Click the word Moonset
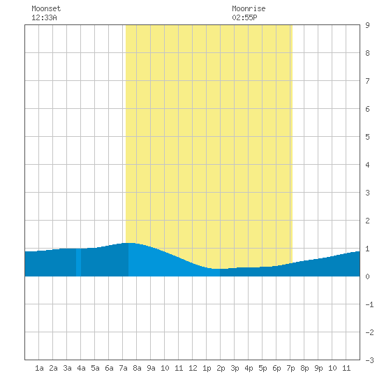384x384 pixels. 46,8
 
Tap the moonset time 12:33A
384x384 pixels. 44,17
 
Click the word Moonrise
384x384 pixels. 249,8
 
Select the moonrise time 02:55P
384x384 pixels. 244,17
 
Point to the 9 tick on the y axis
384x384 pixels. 367,25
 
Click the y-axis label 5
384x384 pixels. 367,137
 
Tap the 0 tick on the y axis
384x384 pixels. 367,276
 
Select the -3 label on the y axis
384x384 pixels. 369,360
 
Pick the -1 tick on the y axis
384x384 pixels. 369,304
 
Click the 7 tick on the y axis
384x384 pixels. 367,81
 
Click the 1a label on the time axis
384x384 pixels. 39,368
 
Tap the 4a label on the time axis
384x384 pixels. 81,368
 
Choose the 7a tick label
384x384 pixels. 123,368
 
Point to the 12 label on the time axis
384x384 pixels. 193,368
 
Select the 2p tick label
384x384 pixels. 221,368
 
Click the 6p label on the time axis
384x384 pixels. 276,368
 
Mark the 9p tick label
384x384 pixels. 318,368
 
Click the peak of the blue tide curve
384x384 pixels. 129,243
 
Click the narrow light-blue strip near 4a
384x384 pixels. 78,263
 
